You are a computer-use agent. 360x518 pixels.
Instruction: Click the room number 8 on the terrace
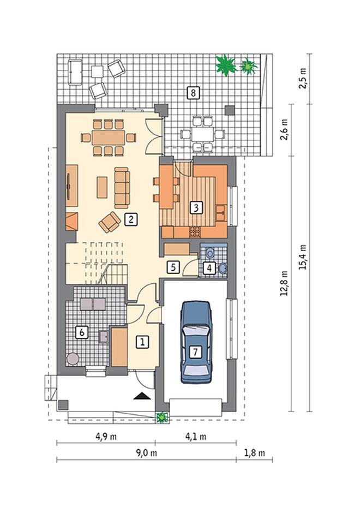tap(193, 92)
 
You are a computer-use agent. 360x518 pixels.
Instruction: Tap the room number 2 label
tap(131, 219)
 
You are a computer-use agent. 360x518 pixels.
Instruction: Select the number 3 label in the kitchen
tap(196, 208)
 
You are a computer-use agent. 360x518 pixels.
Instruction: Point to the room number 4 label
tap(209, 267)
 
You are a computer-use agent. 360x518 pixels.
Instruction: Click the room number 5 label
tap(173, 267)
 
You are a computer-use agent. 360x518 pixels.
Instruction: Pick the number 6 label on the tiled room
tap(82, 332)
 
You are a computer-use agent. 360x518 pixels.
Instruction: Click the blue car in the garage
tap(196, 342)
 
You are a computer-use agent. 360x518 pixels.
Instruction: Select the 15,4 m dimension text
tap(303, 257)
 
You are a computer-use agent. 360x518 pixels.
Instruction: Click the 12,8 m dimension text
tap(284, 283)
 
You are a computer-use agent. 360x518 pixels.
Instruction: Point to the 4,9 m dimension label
tap(106, 437)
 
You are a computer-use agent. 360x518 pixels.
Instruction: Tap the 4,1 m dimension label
tap(196, 437)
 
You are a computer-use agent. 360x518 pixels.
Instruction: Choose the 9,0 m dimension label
tap(146, 453)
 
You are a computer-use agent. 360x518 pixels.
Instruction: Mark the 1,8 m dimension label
tap(255, 453)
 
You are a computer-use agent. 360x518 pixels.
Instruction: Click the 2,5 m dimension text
tap(303, 78)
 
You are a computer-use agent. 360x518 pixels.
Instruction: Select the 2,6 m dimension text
tap(284, 130)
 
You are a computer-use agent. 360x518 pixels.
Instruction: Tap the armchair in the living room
tap(110, 222)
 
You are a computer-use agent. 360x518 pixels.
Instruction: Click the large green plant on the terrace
tap(226, 65)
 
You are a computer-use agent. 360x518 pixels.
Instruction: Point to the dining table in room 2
tap(109, 138)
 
